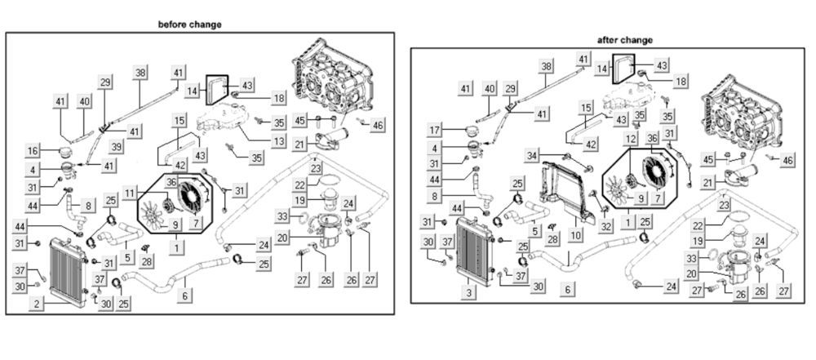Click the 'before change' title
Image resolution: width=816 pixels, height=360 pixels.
tap(189, 24)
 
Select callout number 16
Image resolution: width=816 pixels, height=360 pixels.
tap(33, 151)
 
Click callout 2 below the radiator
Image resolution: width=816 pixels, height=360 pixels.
tap(36, 304)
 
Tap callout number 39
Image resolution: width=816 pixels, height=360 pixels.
tap(118, 146)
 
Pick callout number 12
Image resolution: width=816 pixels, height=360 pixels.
tap(631, 140)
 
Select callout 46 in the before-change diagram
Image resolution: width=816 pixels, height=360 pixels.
tap(377, 125)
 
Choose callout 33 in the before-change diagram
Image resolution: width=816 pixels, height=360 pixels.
tap(282, 216)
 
